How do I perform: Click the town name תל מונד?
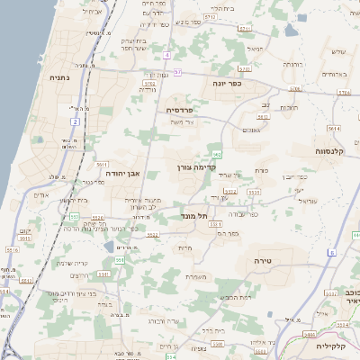click(207, 216)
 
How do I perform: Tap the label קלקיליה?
click(338, 345)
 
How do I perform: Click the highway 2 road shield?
click(76, 121)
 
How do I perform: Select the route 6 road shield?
click(330, 253)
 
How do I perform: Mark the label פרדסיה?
click(186, 109)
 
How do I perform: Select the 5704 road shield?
click(295, 88)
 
